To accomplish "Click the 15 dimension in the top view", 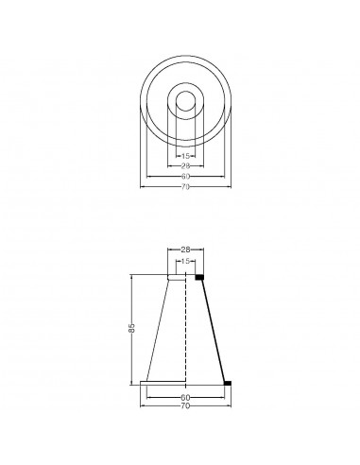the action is [x=185, y=156].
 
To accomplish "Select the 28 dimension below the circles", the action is [x=185, y=166].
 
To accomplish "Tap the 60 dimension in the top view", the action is [x=185, y=177].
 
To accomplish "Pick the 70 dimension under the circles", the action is [x=185, y=187].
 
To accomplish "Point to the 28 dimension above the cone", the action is [x=185, y=250].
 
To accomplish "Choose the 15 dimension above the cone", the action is [x=185, y=261].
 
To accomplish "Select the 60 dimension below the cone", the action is [x=185, y=397].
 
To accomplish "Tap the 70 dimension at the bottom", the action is [x=185, y=405].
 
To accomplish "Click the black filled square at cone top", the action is [x=199, y=277].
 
